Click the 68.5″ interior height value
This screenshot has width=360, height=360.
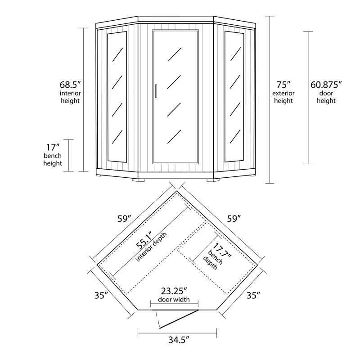coord(70,84)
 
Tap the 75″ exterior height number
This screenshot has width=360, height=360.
coord(284,84)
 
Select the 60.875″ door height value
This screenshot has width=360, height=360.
coord(326,84)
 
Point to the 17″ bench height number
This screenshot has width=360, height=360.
coord(53,147)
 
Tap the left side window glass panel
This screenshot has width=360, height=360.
coord(117,97)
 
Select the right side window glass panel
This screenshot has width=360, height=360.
coord(234,97)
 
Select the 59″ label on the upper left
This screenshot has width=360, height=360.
coord(123,219)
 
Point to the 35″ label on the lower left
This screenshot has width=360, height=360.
coord(102,296)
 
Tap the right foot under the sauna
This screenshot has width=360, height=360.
coord(212,180)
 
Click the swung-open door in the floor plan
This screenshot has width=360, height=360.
coord(178,319)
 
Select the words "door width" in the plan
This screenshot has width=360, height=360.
coord(174,300)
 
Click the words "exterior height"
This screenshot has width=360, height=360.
coord(284,97)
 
